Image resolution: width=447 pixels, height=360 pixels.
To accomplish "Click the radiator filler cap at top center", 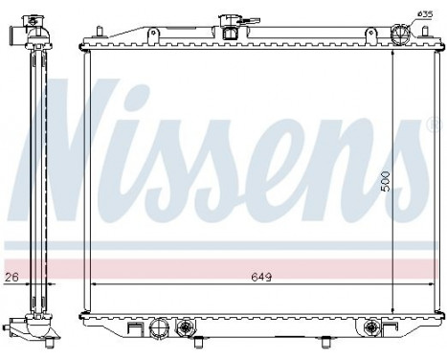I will (x=230, y=25).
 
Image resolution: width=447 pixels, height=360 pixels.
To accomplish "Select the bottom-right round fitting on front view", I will (x=367, y=328).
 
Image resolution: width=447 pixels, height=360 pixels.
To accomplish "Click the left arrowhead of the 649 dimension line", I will (x=94, y=284).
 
